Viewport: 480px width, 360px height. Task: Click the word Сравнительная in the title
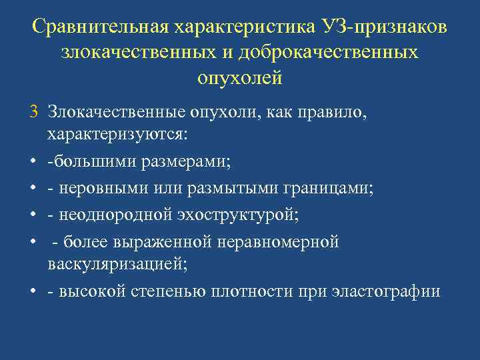click(x=100, y=28)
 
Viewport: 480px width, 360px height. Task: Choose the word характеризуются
click(x=117, y=134)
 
